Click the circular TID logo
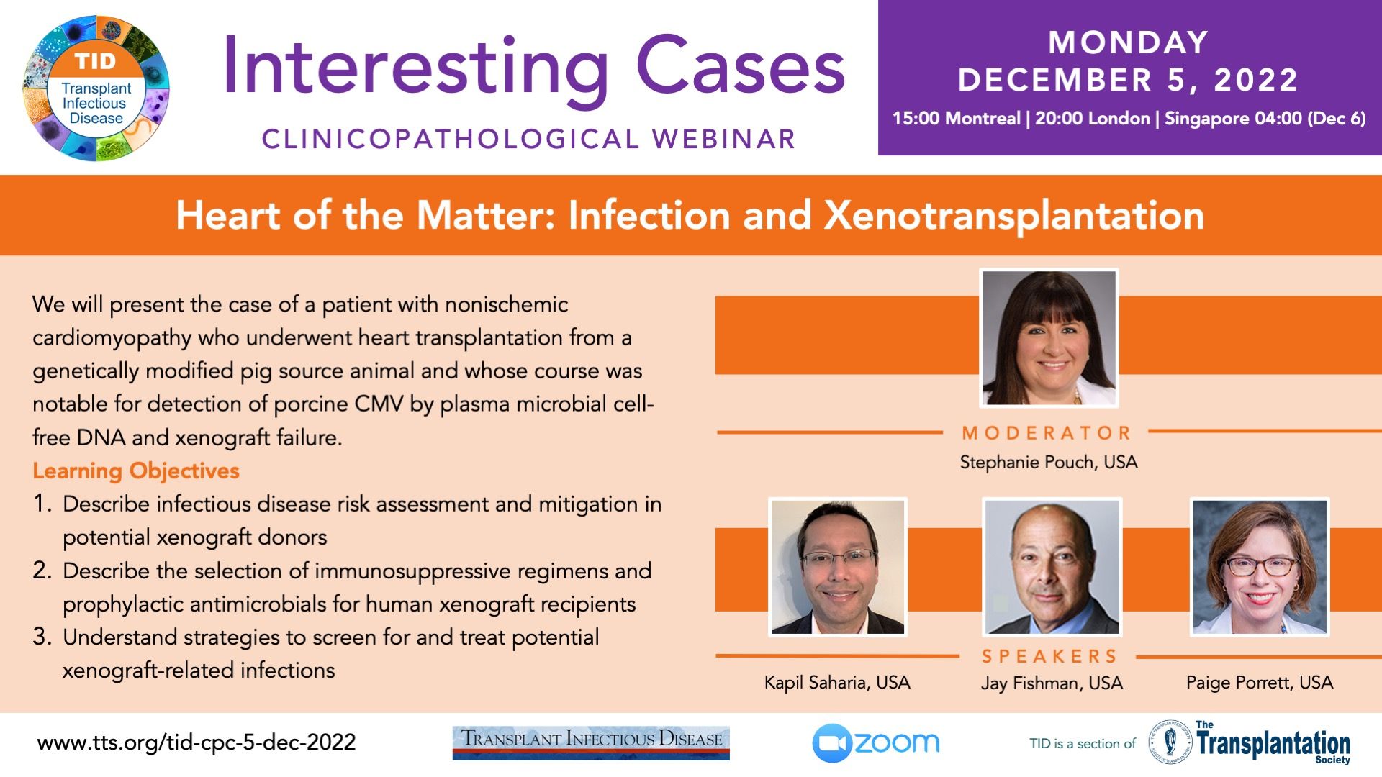pyautogui.click(x=96, y=88)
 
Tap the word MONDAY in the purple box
pyautogui.click(x=1128, y=42)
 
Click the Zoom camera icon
pyautogui.click(x=831, y=743)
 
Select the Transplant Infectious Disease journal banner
pyautogui.click(x=591, y=742)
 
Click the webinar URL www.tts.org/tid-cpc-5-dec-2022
pyautogui.click(x=197, y=742)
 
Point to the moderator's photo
pyautogui.click(x=1049, y=337)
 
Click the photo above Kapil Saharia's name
pyautogui.click(x=837, y=567)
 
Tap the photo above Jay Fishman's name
pyautogui.click(x=1052, y=567)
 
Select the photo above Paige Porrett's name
pyautogui.click(x=1260, y=567)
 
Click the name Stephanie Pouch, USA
pyautogui.click(x=1049, y=463)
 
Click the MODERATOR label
pyautogui.click(x=1047, y=433)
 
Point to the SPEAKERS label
pyautogui.click(x=1049, y=656)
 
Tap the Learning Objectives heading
pyautogui.click(x=136, y=471)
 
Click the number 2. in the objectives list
pyautogui.click(x=42, y=571)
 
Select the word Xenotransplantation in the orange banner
pyautogui.click(x=1014, y=216)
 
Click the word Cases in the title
pyautogui.click(x=740, y=68)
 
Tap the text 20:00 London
pyautogui.click(x=1092, y=119)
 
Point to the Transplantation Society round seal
pyautogui.click(x=1170, y=742)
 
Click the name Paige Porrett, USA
pyautogui.click(x=1260, y=682)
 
